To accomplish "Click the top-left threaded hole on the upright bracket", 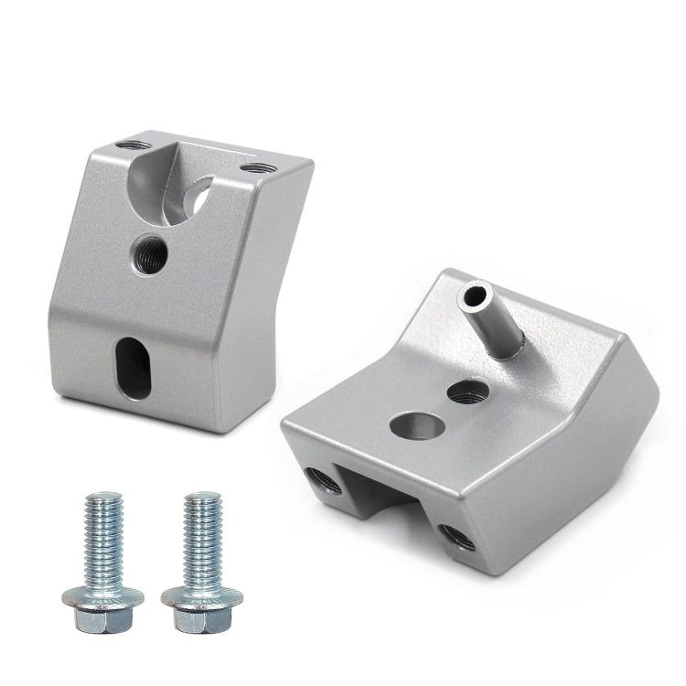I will [135, 145].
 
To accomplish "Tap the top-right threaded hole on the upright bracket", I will [258, 168].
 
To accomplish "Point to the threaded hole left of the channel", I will [324, 479].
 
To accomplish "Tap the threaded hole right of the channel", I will [456, 537].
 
